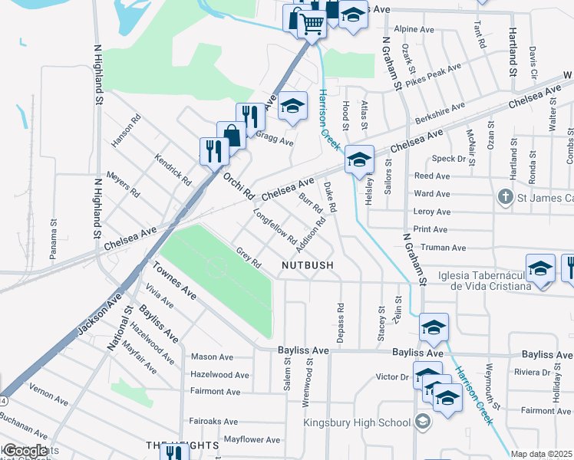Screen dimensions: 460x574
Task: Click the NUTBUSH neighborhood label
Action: tap(307, 264)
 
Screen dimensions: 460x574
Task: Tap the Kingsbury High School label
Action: tap(357, 422)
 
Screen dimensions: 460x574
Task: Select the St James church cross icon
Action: tap(505, 197)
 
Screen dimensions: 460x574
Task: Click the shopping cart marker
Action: tap(310, 23)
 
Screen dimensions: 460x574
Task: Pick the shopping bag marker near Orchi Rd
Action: tap(231, 136)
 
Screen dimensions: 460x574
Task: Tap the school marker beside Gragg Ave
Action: tap(292, 106)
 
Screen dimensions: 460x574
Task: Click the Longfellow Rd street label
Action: tap(275, 228)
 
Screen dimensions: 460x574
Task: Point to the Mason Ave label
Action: tap(212, 356)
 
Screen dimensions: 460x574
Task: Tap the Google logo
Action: tap(25, 451)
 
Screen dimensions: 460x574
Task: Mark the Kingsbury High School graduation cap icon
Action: tap(422, 422)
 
